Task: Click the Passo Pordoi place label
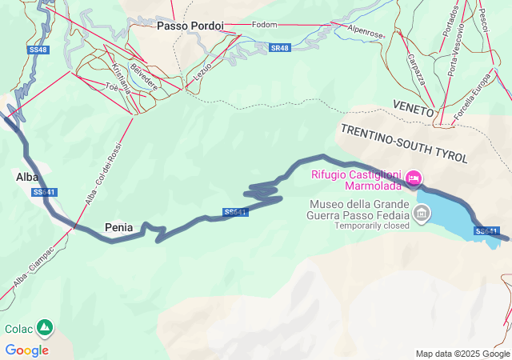pyautogui.click(x=190, y=26)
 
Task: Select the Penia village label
pyautogui.click(x=118, y=227)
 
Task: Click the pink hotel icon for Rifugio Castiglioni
pyautogui.click(x=414, y=178)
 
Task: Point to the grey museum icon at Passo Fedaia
pyautogui.click(x=420, y=214)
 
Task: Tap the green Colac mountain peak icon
pyautogui.click(x=45, y=328)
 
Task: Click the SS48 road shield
pyautogui.click(x=38, y=50)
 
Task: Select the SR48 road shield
pyautogui.click(x=279, y=48)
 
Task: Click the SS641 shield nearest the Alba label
pyautogui.click(x=45, y=192)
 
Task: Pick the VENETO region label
pyautogui.click(x=413, y=106)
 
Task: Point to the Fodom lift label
pyautogui.click(x=264, y=25)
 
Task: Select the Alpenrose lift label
pyautogui.click(x=366, y=33)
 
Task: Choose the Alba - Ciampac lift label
pyautogui.click(x=33, y=263)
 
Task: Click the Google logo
pyautogui.click(x=26, y=350)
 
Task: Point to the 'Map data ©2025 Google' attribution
pyautogui.click(x=462, y=354)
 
